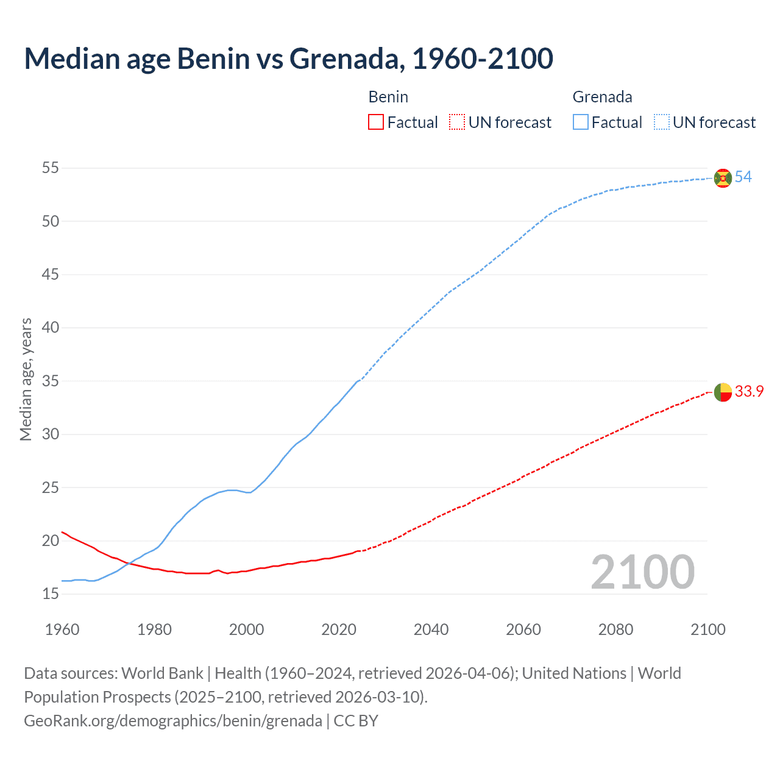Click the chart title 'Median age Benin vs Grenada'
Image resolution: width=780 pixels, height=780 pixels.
point(288,58)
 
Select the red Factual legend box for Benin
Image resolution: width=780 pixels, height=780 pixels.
point(376,122)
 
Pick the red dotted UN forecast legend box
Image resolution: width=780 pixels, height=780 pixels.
point(457,122)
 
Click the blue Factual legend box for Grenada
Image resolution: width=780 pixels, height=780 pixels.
point(581,122)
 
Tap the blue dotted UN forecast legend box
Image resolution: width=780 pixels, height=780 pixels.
point(662,122)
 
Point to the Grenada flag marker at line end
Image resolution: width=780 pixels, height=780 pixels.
point(723,178)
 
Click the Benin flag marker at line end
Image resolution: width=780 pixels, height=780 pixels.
point(723,392)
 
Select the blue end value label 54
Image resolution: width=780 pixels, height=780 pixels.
point(743,177)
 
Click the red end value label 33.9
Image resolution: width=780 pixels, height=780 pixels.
point(749,392)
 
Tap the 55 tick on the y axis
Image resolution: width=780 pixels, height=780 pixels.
point(51,168)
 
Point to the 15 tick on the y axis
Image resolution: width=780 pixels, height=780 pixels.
point(51,594)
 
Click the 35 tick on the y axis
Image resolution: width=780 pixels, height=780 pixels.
point(51,381)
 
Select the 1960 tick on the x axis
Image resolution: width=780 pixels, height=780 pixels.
point(62,629)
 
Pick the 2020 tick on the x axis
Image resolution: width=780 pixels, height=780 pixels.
point(339,629)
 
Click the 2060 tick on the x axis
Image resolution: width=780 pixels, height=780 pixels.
point(523,629)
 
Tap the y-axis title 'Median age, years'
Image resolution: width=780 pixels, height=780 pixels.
point(26,379)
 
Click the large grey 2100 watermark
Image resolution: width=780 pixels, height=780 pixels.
point(643,572)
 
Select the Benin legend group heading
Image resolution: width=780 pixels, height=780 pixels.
point(388,97)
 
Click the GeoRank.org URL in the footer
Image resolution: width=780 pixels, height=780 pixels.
point(173,721)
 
